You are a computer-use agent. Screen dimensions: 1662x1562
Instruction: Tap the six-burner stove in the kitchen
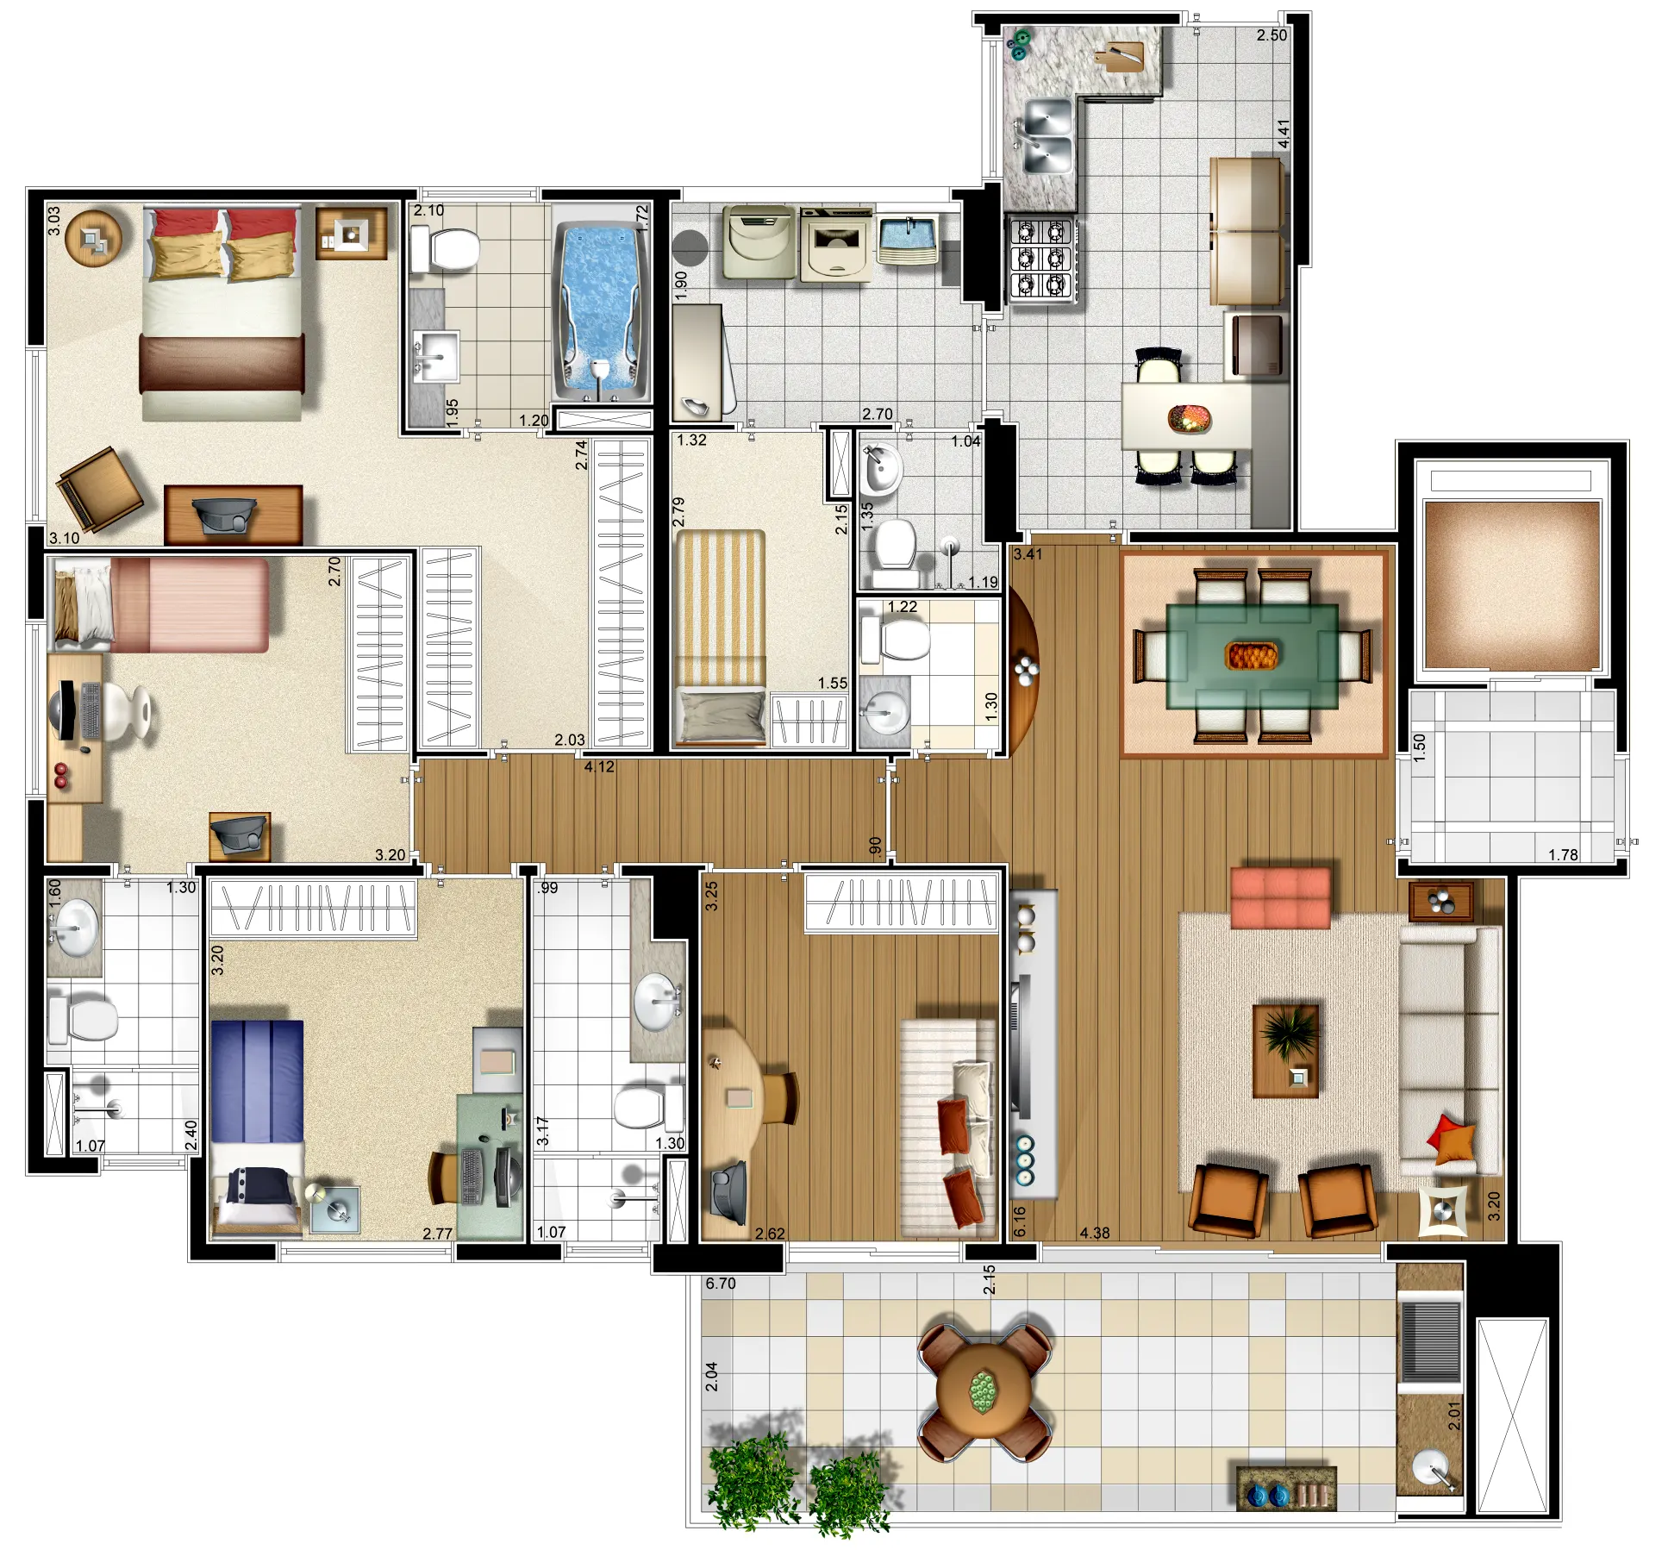1041,259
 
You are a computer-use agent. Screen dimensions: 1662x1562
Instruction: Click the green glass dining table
1252,656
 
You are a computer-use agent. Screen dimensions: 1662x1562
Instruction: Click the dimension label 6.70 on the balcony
721,1284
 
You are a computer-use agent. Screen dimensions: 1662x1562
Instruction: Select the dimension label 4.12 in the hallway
599,766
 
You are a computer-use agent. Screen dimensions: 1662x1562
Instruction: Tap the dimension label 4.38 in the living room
1095,1233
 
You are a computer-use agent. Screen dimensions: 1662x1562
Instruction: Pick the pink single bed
161,604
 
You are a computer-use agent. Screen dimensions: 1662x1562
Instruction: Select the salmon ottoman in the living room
1280,897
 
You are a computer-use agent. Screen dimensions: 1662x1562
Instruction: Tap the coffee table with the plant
1285,1051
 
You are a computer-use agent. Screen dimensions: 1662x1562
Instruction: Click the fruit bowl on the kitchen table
1190,418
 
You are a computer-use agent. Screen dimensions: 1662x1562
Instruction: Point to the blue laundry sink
907,239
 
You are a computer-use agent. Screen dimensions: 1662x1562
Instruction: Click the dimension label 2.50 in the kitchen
1271,35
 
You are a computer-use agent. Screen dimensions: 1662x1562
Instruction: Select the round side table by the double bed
92,237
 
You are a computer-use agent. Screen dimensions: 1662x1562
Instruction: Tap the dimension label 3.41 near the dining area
1028,554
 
